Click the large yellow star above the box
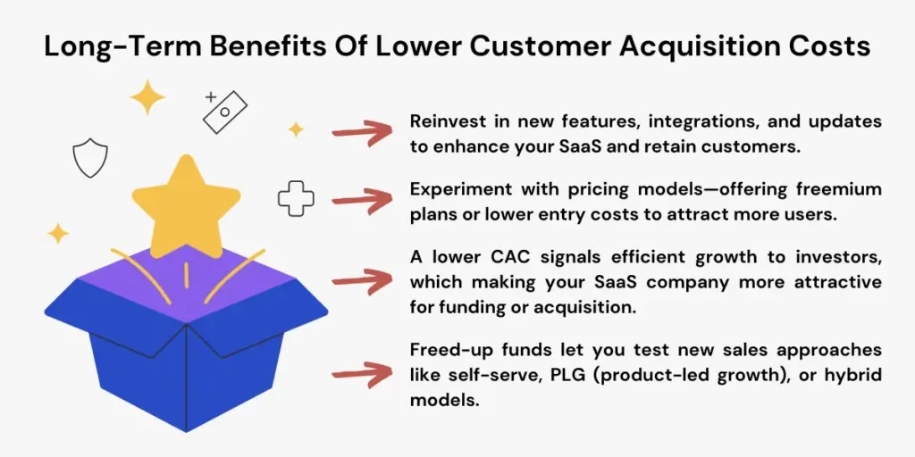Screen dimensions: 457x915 click(x=186, y=207)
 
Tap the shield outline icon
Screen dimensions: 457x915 click(x=89, y=159)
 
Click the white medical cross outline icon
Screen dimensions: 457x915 click(x=296, y=198)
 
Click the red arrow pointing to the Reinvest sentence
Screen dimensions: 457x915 click(x=362, y=133)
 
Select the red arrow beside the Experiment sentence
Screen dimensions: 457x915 click(x=362, y=202)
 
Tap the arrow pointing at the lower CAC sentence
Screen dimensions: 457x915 click(x=362, y=281)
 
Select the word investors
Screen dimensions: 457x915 click(x=837, y=257)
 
